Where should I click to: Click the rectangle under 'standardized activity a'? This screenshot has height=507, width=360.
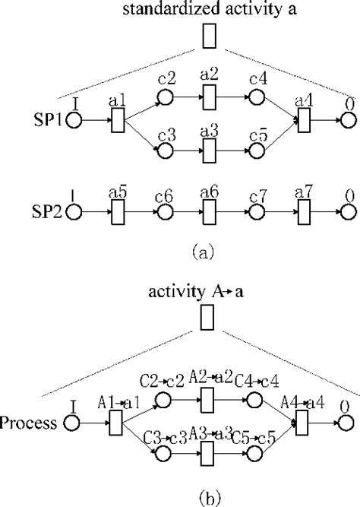[210, 36]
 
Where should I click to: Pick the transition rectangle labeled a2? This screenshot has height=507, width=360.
[210, 98]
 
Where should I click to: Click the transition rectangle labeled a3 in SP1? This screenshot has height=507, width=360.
[210, 151]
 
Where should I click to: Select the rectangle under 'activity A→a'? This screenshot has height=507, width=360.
[206, 318]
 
